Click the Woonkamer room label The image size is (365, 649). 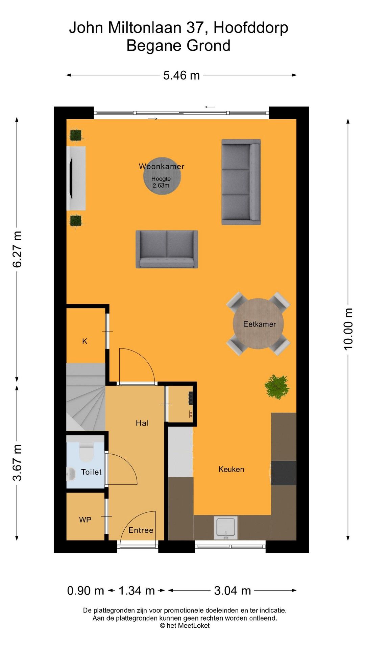pos(162,166)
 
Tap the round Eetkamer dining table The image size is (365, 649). pos(259,323)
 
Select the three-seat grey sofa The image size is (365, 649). pos(241,182)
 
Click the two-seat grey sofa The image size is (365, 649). pos(167,249)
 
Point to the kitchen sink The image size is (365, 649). pos(226,527)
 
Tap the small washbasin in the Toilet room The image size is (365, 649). pos(71,474)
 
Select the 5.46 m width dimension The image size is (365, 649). pos(181,75)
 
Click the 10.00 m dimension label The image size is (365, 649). pos(348,329)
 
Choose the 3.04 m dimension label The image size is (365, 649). pos(233,591)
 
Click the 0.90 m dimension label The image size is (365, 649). pos(86,591)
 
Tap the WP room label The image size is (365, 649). pos(85,520)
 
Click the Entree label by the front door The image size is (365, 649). pos(141,530)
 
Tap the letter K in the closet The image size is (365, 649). pos(85,341)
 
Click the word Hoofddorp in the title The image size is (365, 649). pos(251,28)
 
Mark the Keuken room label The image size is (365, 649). pos(231,469)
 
